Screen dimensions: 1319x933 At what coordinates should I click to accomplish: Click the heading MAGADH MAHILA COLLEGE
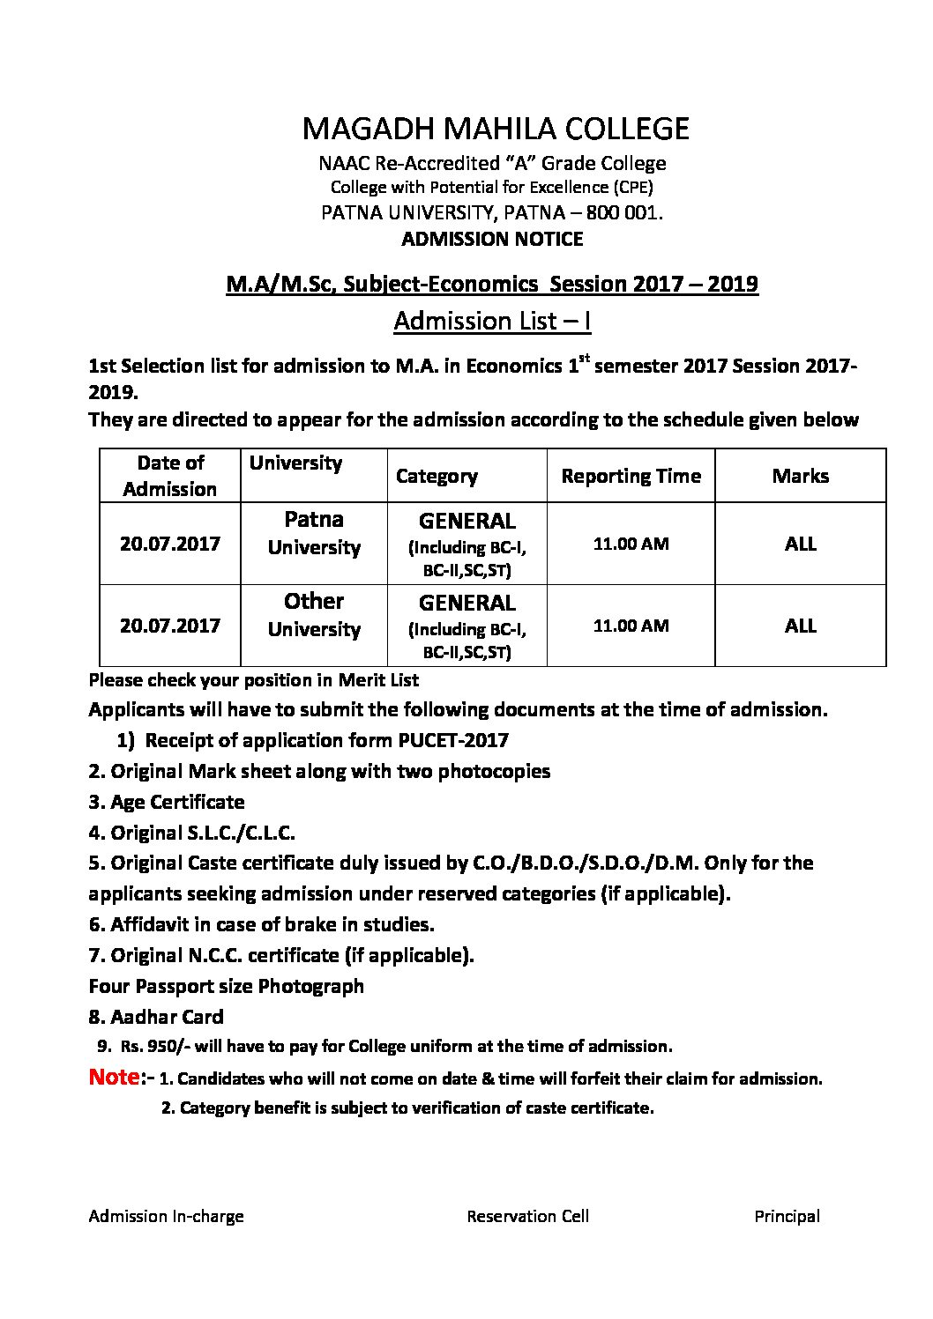495,129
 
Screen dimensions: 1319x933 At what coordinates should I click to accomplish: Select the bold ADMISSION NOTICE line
492,239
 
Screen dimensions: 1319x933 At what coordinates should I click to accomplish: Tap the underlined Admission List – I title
492,321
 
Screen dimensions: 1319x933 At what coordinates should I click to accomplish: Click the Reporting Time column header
631,476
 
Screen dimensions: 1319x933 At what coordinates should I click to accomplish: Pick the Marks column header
800,476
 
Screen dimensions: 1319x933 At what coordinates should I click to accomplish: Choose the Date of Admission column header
170,476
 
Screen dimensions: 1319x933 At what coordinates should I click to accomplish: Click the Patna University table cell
314,533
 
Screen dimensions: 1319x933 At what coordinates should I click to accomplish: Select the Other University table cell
314,615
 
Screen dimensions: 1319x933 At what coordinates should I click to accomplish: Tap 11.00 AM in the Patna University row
631,544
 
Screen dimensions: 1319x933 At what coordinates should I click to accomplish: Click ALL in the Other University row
800,626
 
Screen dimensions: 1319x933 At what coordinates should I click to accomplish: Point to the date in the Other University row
170,626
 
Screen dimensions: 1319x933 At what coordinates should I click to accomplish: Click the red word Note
114,1077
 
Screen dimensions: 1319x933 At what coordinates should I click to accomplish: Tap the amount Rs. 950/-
151,1047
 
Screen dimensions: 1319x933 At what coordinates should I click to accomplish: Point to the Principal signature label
787,1217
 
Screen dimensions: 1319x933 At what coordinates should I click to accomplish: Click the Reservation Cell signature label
527,1217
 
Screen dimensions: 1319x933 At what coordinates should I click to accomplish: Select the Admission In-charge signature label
166,1217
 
